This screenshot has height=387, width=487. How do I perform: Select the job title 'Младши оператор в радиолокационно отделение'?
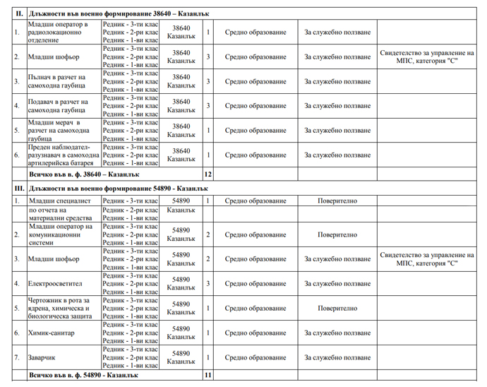coord(59,32)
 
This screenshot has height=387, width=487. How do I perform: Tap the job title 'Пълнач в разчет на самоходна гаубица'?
coord(59,81)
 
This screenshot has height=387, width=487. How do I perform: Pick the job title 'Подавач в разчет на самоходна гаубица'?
coord(59,106)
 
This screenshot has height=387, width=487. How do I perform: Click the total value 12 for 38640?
coord(208,173)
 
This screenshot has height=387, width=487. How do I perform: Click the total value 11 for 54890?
coord(208,375)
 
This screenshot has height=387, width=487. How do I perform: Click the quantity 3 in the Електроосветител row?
coord(208,284)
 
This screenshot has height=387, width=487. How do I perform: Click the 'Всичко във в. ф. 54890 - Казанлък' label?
coord(83,375)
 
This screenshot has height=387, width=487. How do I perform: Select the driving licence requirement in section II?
coord(426,57)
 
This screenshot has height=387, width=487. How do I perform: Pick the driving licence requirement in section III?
coord(426,259)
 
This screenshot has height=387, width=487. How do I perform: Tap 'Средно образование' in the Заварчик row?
coord(255,357)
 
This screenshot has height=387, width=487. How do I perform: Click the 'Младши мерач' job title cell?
coord(59,131)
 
